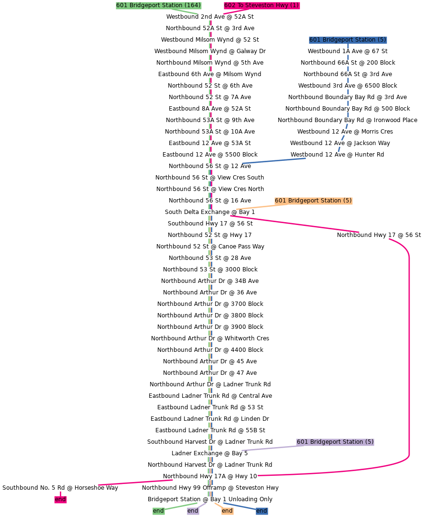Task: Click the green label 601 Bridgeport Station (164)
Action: click(x=158, y=5)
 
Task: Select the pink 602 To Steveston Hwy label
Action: click(x=261, y=5)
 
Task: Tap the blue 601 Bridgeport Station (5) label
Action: click(x=348, y=40)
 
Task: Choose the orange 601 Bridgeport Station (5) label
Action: click(x=313, y=201)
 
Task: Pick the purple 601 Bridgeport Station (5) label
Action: click(x=335, y=442)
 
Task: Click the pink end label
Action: click(x=60, y=499)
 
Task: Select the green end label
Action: click(x=158, y=511)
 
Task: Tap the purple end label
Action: click(x=193, y=511)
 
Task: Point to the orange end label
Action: click(x=227, y=511)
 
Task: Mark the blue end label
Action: click(x=261, y=511)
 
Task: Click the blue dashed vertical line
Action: click(x=348, y=81)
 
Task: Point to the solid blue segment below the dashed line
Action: click(x=274, y=161)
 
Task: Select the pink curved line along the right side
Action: click(x=409, y=354)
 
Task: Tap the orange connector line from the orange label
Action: click(x=255, y=207)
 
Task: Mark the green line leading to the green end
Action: click(x=181, y=506)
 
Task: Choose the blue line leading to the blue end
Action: click(x=239, y=506)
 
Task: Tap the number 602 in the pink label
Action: click(x=230, y=5)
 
